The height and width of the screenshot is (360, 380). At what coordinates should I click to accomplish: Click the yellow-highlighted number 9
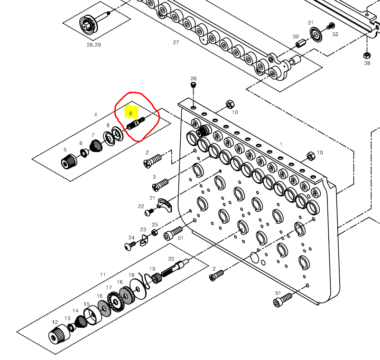point(131,114)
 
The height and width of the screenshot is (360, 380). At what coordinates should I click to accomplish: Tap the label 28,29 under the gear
point(93,45)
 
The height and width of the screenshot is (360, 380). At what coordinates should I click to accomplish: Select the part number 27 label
point(176,42)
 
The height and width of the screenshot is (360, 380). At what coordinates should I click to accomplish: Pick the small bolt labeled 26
point(193,85)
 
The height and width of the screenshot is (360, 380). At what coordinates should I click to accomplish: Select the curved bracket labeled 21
point(164,205)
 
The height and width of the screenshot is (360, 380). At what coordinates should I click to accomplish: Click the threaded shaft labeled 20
point(175,269)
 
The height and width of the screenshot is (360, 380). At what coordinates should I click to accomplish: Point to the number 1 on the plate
point(281,144)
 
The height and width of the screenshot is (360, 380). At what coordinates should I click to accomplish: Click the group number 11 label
point(102,275)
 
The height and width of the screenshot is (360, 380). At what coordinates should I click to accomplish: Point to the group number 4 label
point(95,114)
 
